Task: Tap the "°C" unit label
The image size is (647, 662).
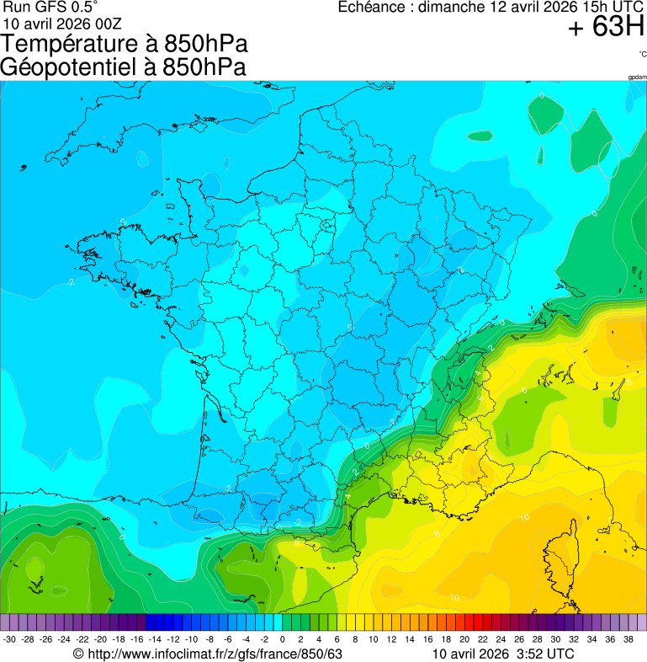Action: point(642,54)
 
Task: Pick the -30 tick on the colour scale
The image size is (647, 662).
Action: point(10,640)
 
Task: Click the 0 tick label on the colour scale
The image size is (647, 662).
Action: point(283,640)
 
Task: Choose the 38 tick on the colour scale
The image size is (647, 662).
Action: point(628,640)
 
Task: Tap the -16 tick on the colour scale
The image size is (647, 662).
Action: point(137,640)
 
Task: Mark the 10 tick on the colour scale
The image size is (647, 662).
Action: point(373,640)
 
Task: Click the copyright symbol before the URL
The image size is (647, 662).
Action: point(78,654)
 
